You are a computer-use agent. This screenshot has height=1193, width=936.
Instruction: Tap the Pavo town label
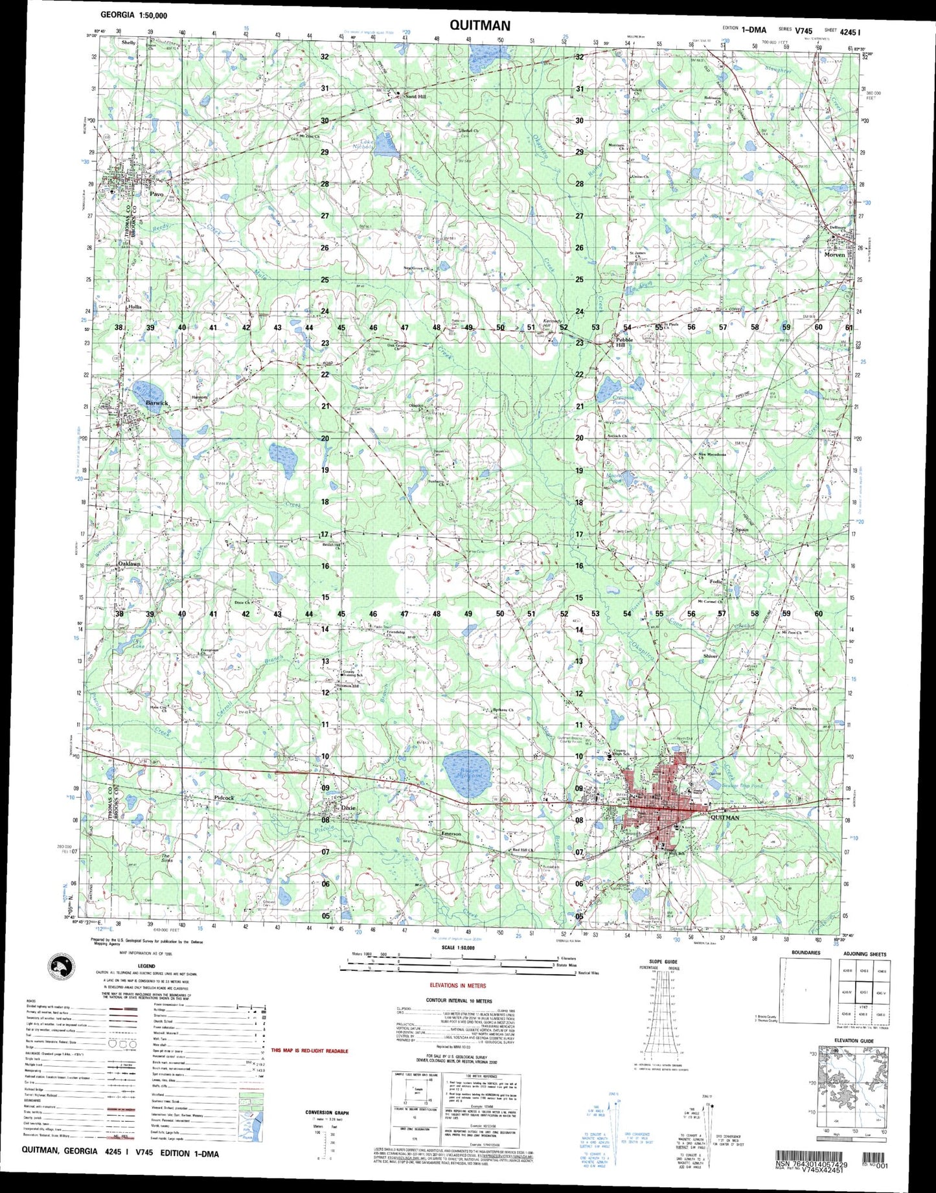pyautogui.click(x=157, y=194)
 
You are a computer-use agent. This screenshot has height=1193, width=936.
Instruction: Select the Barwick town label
pyautogui.click(x=157, y=403)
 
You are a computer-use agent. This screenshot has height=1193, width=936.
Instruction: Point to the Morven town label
pyautogui.click(x=834, y=255)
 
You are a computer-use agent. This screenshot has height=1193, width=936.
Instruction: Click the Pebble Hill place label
pyautogui.click(x=624, y=343)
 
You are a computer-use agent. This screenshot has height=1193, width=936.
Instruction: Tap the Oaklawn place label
pyautogui.click(x=129, y=564)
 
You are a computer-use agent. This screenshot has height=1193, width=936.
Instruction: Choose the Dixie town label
pyautogui.click(x=348, y=808)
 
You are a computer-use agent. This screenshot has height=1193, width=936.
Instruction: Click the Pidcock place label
pyautogui.click(x=223, y=798)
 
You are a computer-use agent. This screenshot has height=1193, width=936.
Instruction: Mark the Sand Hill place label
pyautogui.click(x=415, y=97)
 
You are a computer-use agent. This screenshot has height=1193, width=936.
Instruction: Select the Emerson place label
pyautogui.click(x=451, y=834)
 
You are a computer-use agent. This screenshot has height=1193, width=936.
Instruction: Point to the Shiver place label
pyautogui.click(x=711, y=656)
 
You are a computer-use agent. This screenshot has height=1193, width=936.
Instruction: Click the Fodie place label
pyautogui.click(x=715, y=582)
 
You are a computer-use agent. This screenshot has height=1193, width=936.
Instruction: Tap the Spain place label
pyautogui.click(x=742, y=530)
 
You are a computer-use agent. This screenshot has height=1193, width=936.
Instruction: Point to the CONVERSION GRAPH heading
pyautogui.click(x=327, y=1113)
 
